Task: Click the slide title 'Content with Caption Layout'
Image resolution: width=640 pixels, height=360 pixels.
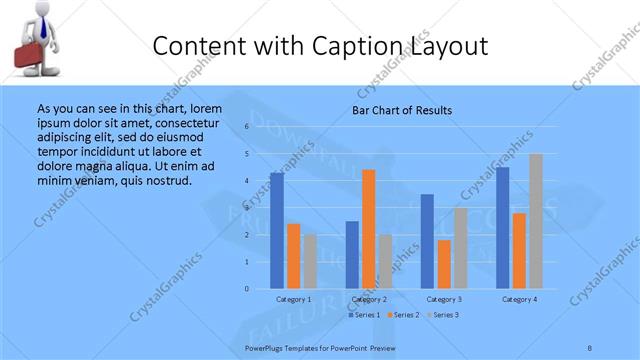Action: tap(321, 46)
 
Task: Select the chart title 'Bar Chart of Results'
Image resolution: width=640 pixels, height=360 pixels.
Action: tap(402, 110)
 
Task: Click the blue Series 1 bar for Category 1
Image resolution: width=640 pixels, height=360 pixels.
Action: tap(277, 230)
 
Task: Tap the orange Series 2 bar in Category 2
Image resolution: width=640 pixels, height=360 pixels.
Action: tap(369, 229)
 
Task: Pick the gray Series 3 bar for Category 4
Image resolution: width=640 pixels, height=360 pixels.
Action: tap(536, 221)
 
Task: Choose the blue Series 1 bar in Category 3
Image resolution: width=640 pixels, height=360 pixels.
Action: tap(427, 241)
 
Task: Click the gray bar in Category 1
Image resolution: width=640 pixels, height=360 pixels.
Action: tap(310, 261)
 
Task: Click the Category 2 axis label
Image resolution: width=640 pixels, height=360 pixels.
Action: tap(369, 299)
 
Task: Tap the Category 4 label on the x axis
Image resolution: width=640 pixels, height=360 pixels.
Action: tap(519, 299)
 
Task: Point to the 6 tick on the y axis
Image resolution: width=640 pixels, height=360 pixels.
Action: tap(247, 128)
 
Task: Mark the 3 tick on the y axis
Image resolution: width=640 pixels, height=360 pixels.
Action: tap(247, 208)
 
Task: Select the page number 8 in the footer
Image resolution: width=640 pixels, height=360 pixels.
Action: tap(590, 346)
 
